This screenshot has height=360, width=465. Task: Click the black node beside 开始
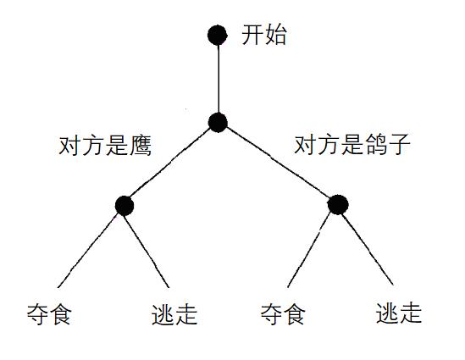point(218,35)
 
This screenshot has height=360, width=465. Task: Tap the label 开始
point(264,36)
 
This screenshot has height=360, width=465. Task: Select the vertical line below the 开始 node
point(219,79)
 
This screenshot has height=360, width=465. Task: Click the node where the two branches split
point(218,122)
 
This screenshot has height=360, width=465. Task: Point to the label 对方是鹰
point(105,146)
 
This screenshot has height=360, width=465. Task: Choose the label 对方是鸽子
point(352,144)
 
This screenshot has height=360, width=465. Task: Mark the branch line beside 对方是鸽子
point(278,162)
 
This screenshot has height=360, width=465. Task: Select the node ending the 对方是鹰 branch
point(125,206)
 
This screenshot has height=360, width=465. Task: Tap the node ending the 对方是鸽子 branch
point(338,205)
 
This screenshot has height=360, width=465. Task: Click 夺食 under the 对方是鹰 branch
point(49,314)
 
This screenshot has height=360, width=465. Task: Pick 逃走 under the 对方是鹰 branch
point(174,314)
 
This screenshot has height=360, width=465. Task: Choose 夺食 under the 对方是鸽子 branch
point(283,313)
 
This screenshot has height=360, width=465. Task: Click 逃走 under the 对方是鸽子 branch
point(399,313)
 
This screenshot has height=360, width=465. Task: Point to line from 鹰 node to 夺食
point(88,251)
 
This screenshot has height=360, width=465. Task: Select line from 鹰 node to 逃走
point(147,252)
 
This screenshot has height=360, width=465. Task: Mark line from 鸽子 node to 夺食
point(309,250)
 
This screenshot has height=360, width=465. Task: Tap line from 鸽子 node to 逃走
point(368,249)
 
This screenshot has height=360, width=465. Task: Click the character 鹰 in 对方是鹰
point(141,146)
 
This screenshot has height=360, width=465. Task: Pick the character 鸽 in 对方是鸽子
point(376,144)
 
